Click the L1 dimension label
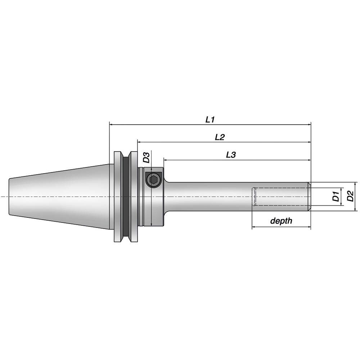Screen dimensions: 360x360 210,119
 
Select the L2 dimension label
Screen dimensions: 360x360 220,137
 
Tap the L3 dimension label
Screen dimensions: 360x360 231,155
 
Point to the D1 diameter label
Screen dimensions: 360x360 336,197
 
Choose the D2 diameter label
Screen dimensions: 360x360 350,197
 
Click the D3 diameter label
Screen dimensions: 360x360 146,158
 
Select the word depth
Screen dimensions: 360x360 281,221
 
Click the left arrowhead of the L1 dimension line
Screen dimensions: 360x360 111,125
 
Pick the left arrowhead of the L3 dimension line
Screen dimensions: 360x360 166,160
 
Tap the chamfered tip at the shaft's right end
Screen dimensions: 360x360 309,197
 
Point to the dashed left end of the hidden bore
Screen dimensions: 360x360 253,197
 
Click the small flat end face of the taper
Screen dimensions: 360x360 9,197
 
